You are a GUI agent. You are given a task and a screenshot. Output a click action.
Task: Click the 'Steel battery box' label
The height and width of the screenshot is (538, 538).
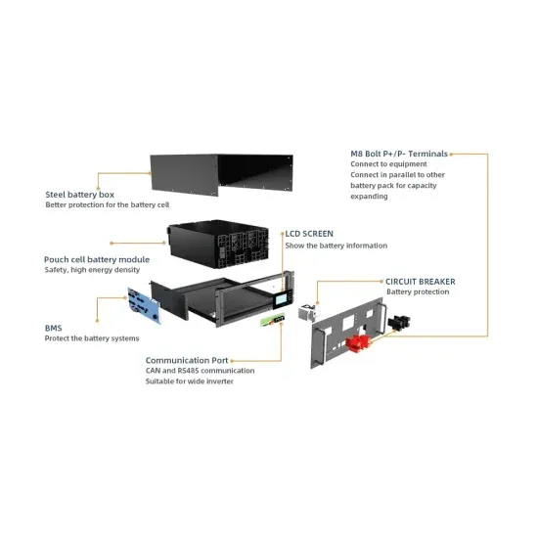[79, 194]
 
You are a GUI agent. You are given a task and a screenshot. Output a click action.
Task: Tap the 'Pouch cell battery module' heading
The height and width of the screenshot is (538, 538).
[97, 259]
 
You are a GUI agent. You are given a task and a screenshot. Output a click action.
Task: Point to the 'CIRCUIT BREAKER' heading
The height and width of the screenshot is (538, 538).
[421, 282]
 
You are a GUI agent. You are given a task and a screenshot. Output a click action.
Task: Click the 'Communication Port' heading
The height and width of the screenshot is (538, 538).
[187, 360]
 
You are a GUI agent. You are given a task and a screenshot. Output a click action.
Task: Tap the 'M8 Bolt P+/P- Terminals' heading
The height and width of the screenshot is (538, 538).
[399, 155]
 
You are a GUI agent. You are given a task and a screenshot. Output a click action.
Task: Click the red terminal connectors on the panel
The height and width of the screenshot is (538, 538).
[357, 342]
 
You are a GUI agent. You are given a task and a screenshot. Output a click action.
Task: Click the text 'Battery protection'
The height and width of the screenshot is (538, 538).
[418, 292]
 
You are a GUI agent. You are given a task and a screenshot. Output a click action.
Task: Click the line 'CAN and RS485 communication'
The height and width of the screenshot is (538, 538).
[201, 371]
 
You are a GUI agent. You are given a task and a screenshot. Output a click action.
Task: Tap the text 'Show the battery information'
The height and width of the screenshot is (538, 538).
[336, 246]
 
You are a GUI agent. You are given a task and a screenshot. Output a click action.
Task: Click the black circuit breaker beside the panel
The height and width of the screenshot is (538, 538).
[398, 322]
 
